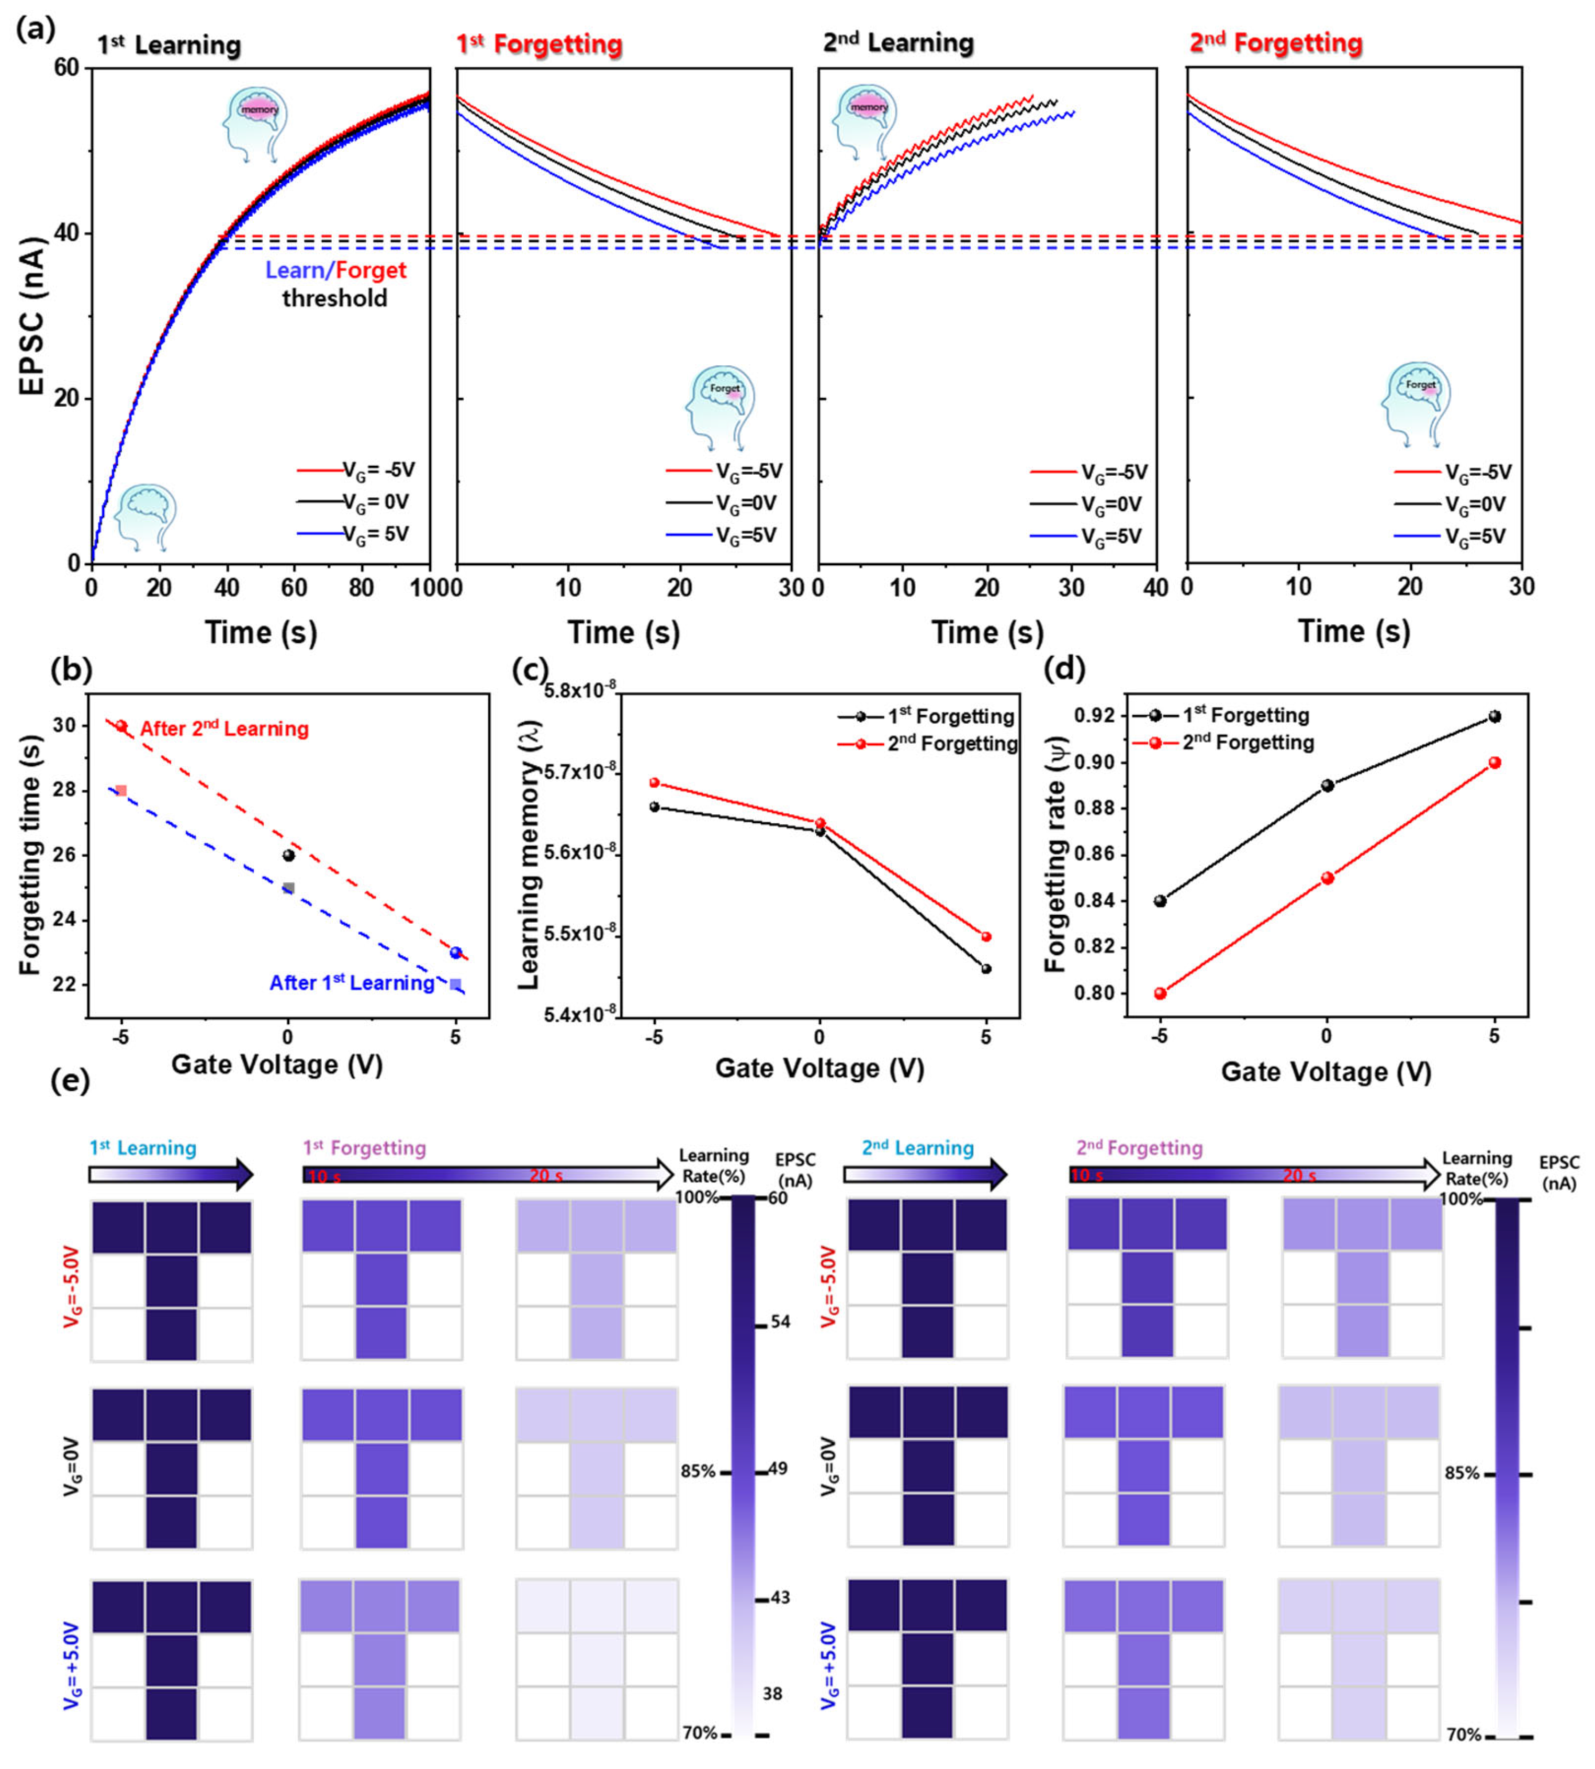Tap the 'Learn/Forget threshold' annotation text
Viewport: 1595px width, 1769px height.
click(x=335, y=283)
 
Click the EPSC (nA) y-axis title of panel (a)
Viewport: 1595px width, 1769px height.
click(x=31, y=316)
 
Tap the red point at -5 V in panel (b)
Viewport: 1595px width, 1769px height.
click(x=122, y=727)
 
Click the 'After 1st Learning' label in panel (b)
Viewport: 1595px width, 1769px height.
click(x=352, y=983)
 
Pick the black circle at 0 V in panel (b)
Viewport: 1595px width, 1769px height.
click(x=288, y=855)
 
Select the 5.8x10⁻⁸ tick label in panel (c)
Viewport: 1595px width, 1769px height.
click(x=578, y=691)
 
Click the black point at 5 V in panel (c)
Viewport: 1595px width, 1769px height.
click(x=986, y=969)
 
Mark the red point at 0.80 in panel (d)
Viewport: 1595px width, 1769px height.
click(x=1160, y=993)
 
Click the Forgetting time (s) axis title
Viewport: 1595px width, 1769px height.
click(x=31, y=855)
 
